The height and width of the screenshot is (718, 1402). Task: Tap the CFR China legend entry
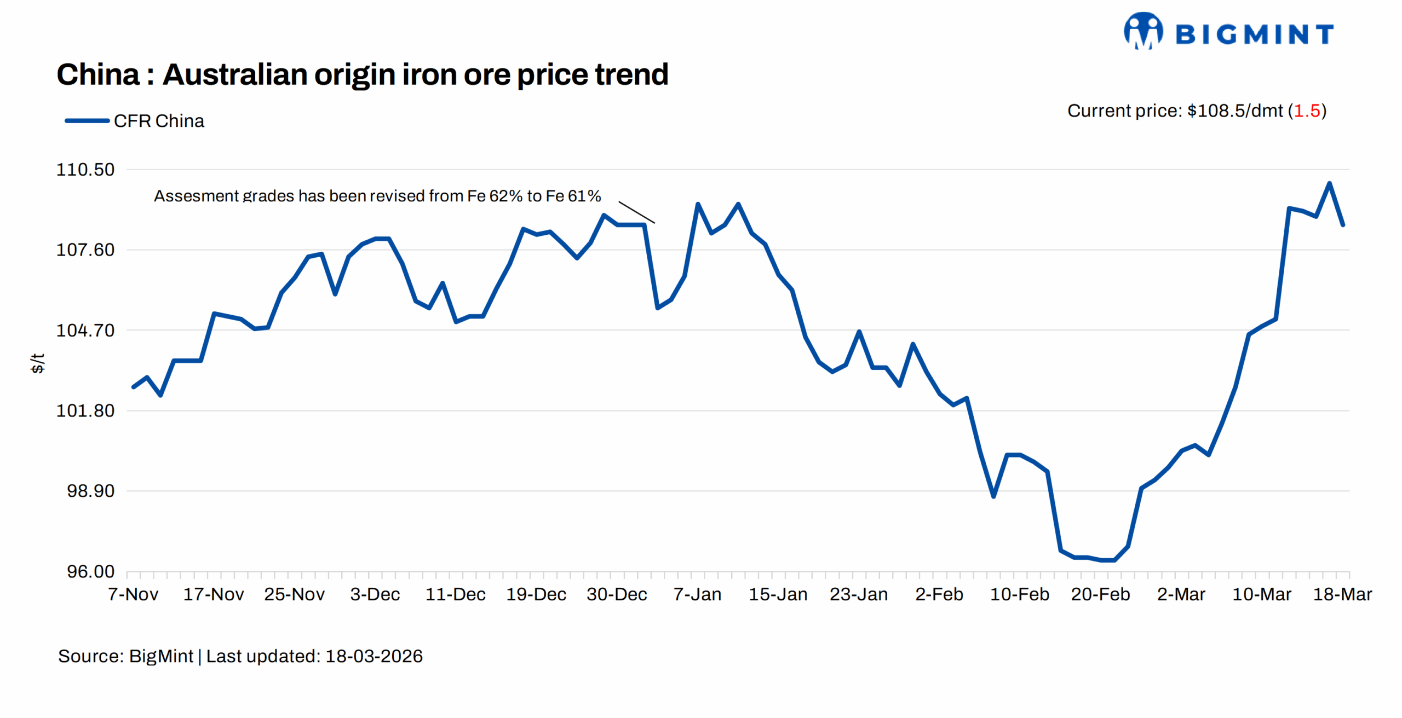(x=135, y=121)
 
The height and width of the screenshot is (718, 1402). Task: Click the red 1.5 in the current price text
(x=1307, y=111)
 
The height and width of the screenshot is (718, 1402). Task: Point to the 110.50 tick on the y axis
(x=85, y=170)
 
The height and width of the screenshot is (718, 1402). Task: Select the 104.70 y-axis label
(x=85, y=331)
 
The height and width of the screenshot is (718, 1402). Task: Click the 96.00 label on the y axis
(x=90, y=571)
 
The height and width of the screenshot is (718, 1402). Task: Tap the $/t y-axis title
(x=37, y=363)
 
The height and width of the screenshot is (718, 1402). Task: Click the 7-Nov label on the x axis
(x=133, y=594)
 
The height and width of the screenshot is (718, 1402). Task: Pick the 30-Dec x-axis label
(x=617, y=594)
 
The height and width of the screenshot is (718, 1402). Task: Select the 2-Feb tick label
(x=939, y=594)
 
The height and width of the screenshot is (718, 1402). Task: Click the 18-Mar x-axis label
(x=1342, y=594)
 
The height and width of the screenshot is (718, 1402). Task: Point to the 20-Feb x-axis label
(x=1100, y=594)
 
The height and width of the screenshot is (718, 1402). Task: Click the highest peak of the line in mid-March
(x=1329, y=183)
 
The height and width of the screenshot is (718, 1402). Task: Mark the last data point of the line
(x=1343, y=225)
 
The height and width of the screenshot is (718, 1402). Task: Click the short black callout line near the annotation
(x=636, y=212)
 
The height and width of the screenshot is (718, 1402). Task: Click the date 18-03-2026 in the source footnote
(x=374, y=656)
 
